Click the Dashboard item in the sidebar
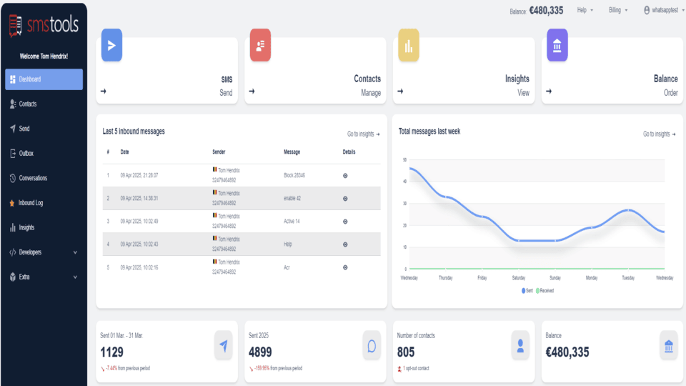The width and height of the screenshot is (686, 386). point(43,79)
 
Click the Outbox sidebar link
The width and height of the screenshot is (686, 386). point(26,154)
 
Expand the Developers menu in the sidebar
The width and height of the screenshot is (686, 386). point(43,252)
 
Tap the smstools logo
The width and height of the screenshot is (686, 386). point(44,25)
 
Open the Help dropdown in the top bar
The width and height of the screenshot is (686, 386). point(585,11)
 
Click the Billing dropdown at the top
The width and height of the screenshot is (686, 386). point(618,11)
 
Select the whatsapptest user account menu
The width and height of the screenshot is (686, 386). point(661,11)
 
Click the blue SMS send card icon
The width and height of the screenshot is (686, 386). point(111,46)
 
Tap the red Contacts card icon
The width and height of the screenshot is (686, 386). point(260,46)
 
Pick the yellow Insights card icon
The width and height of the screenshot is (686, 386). point(408,46)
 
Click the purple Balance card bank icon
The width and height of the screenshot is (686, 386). point(557,46)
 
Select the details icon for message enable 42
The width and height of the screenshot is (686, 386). point(345,198)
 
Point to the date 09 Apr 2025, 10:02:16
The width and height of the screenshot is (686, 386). point(139,267)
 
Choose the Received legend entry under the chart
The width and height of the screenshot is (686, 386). point(545,291)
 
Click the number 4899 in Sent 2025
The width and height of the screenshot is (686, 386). point(260,352)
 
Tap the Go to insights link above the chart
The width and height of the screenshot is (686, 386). point(657,134)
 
